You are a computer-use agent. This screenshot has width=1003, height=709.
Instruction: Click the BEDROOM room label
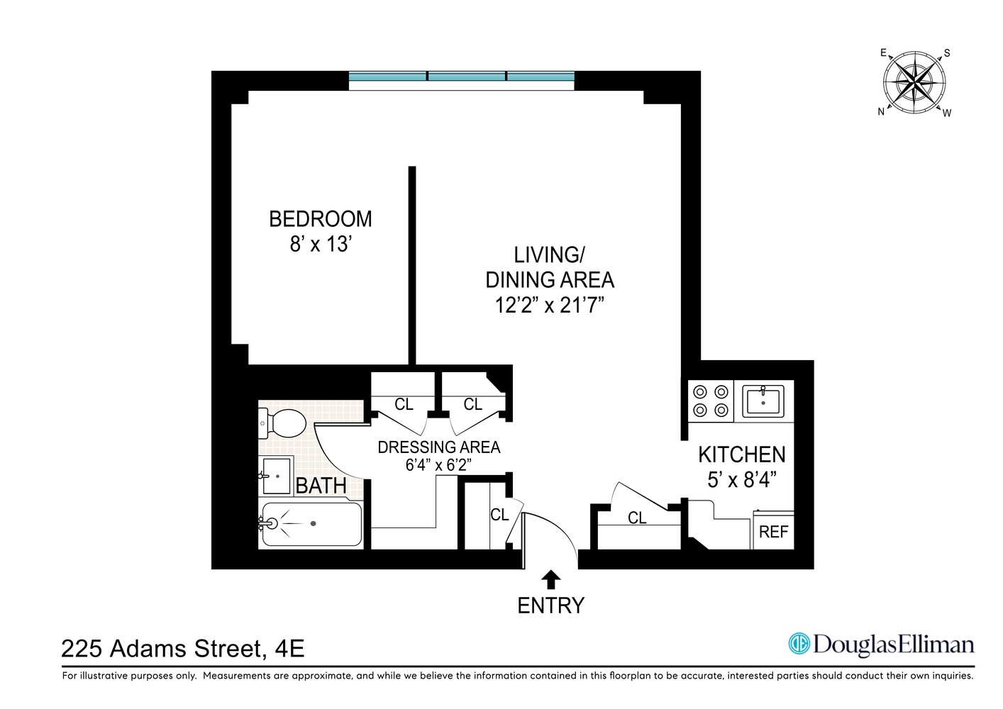[x=320, y=219]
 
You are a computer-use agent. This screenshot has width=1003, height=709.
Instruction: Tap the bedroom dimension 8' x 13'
[x=321, y=245]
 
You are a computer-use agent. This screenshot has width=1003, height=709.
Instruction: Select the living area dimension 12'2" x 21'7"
[x=549, y=306]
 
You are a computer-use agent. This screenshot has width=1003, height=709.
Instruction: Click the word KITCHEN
[x=741, y=454]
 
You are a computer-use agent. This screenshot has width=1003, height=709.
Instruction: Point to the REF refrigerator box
[x=773, y=532]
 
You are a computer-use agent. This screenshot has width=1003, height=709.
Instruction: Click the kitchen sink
[x=763, y=401]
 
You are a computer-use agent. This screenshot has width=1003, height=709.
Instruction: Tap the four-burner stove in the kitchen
[x=711, y=401]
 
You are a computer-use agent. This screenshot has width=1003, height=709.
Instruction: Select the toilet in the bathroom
[x=283, y=423]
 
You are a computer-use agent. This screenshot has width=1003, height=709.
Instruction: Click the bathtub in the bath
[x=311, y=524]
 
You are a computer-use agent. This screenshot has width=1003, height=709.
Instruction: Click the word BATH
[x=321, y=486]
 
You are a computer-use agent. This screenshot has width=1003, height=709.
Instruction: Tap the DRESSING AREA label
[x=438, y=447]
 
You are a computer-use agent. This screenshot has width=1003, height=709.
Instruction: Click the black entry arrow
[x=550, y=580]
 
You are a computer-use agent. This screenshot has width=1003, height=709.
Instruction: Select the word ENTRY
[x=550, y=605]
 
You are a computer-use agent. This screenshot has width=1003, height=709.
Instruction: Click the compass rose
[x=915, y=83]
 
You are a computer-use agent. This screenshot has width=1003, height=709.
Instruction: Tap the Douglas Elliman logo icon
[x=799, y=644]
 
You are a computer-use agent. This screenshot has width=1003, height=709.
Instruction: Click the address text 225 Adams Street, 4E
[x=183, y=649]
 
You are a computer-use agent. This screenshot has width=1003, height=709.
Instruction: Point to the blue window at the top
[x=461, y=77]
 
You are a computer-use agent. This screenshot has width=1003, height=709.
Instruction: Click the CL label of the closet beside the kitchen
[x=637, y=518]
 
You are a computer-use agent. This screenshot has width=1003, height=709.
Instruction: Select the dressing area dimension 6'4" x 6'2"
[x=438, y=465]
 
